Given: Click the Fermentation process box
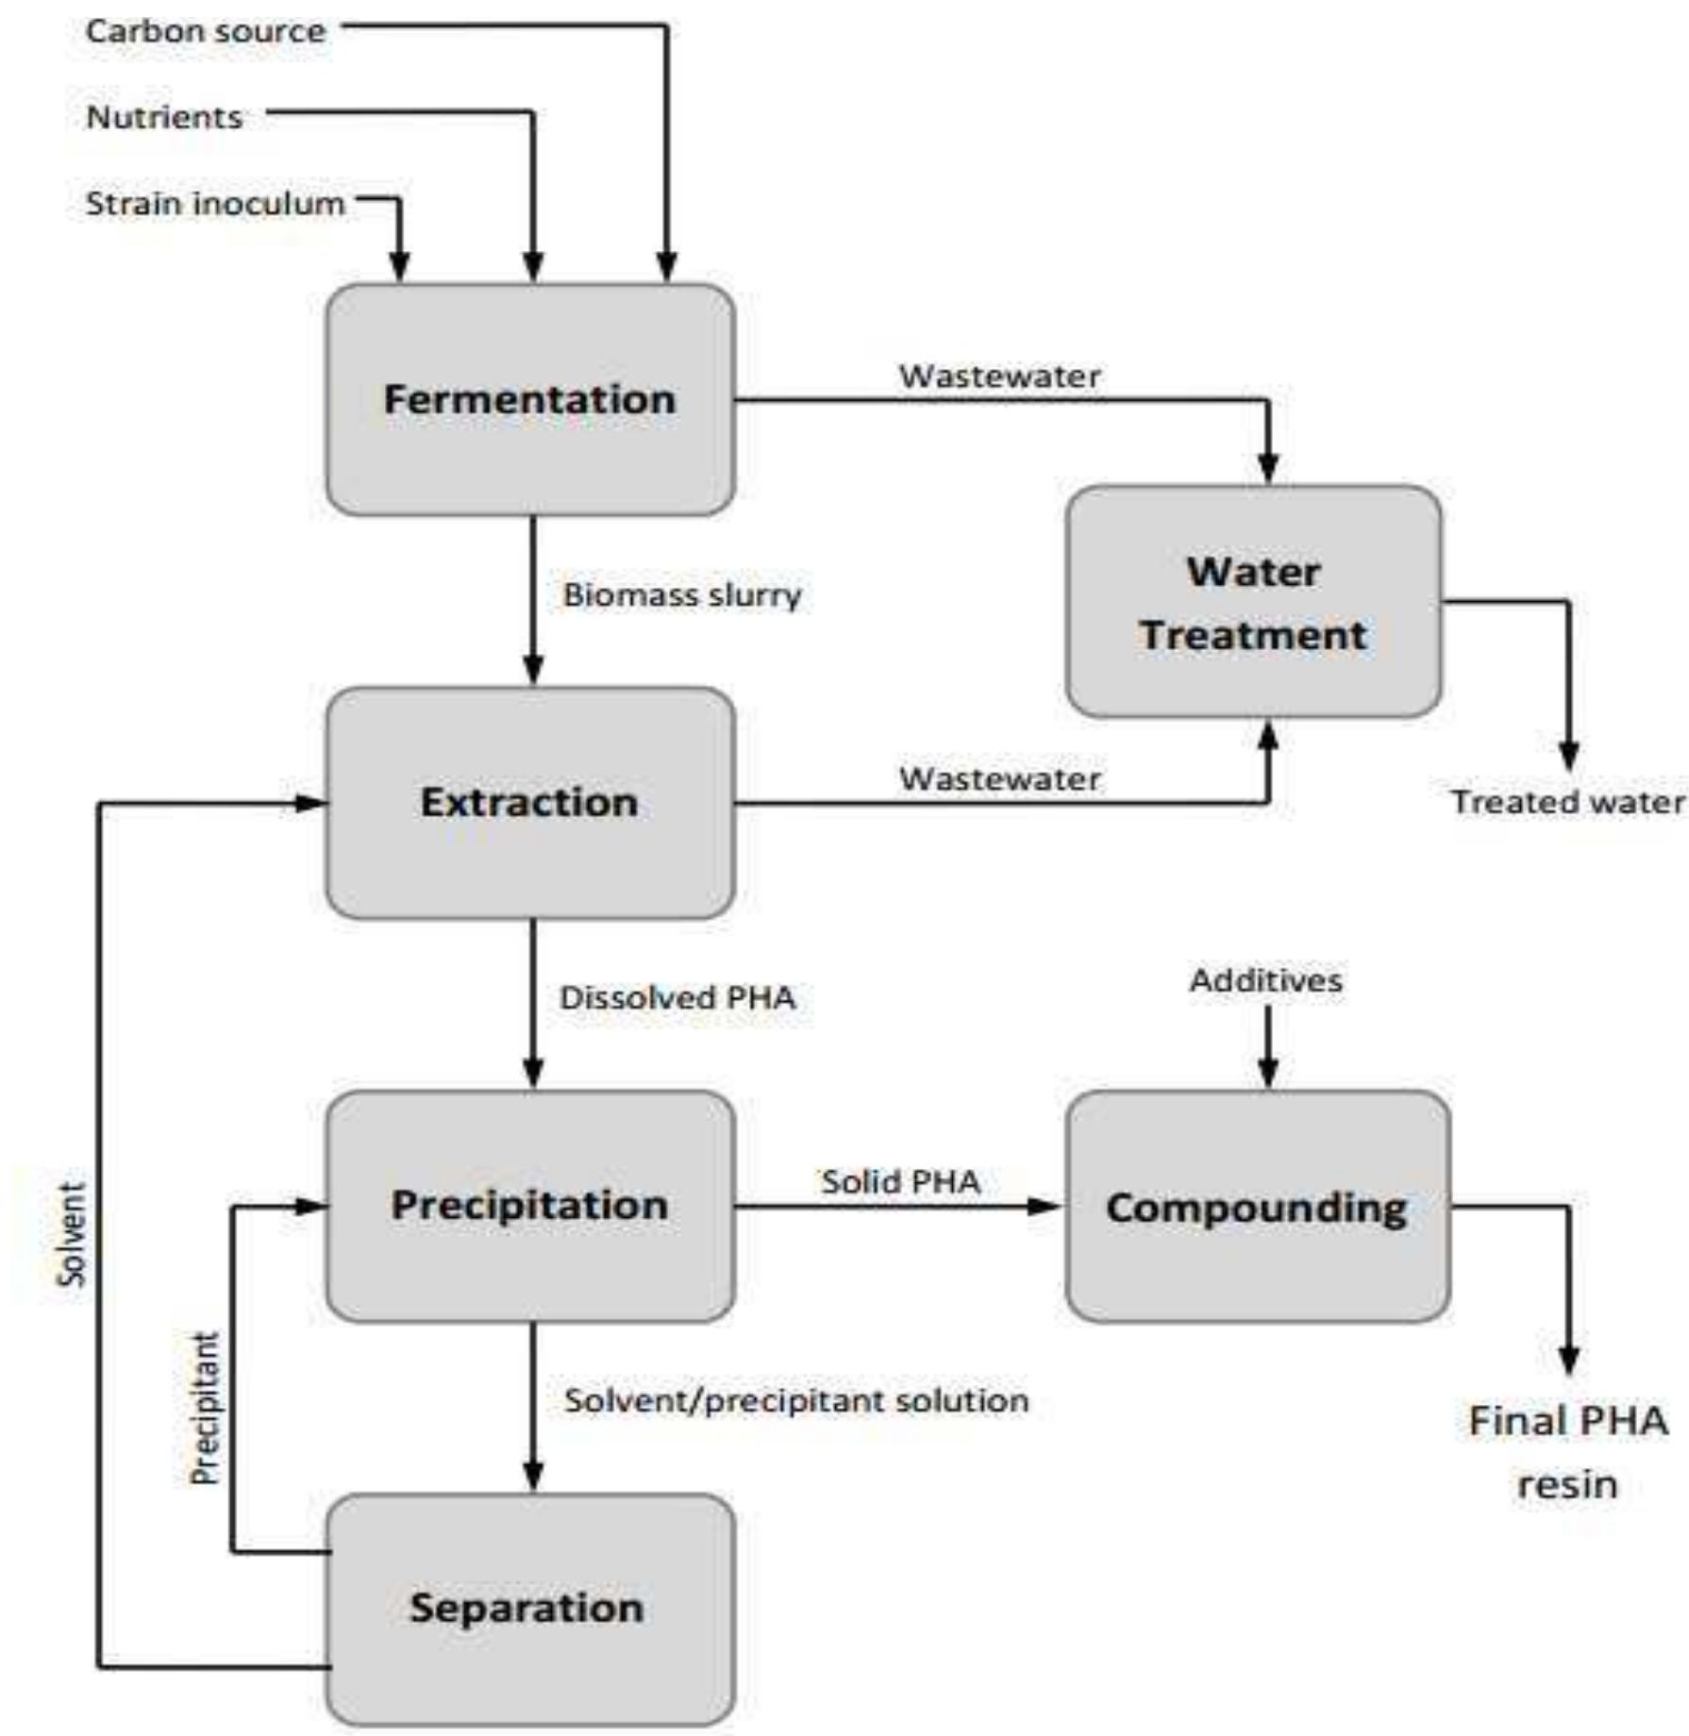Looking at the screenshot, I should click(x=529, y=400).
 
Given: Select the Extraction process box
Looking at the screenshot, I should click(x=529, y=803).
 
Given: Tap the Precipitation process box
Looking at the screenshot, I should click(x=529, y=1206).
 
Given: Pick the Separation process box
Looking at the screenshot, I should click(x=529, y=1608).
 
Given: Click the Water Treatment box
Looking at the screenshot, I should click(x=1253, y=602).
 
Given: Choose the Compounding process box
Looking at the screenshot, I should click(x=1257, y=1208).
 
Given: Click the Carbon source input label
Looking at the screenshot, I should click(x=206, y=31).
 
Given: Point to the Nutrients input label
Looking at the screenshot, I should click(x=164, y=117).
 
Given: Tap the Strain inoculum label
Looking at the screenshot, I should click(x=215, y=204).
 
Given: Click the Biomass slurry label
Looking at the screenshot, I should click(x=681, y=595).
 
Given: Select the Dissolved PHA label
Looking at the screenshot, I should click(x=677, y=998).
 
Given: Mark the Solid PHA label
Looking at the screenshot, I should click(x=900, y=1181).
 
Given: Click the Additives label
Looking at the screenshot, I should click(x=1265, y=980).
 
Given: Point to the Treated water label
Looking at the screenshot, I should click(x=1567, y=802).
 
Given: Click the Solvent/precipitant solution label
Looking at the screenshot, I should click(x=795, y=1401).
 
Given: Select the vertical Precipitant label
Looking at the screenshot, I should click(x=205, y=1408).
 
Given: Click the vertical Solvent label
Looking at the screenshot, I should click(x=72, y=1234).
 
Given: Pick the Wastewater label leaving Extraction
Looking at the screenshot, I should click(x=999, y=779).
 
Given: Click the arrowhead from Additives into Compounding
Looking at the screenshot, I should click(x=1268, y=1075).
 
